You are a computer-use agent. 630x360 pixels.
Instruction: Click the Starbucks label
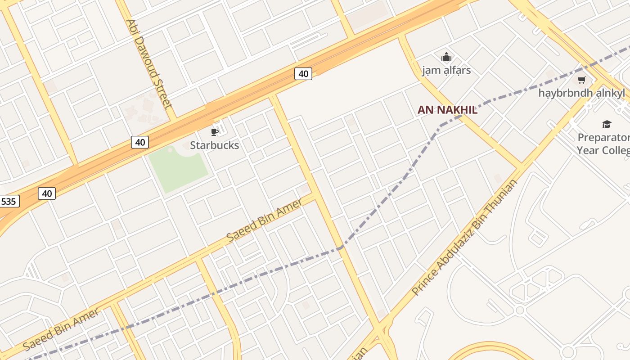pyautogui.click(x=214, y=145)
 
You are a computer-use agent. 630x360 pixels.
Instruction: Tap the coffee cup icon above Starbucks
pyautogui.click(x=215, y=132)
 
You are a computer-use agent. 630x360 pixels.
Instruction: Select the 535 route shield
pyautogui.click(x=9, y=201)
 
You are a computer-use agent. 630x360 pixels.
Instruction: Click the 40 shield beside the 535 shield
pyautogui.click(x=46, y=193)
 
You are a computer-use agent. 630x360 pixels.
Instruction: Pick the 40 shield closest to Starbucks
pyautogui.click(x=140, y=142)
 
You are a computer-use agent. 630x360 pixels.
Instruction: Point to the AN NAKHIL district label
pyautogui.click(x=447, y=110)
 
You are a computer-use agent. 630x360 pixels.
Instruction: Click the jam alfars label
pyautogui.click(x=446, y=70)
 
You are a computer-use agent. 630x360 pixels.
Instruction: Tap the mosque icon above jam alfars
pyautogui.click(x=446, y=57)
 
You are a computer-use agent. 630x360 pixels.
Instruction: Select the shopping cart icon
pyautogui.click(x=581, y=80)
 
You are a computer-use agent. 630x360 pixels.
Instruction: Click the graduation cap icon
pyautogui.click(x=607, y=124)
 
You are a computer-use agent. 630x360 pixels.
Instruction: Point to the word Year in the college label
pyautogui.click(x=588, y=150)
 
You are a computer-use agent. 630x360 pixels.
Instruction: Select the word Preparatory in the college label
pyautogui.click(x=604, y=138)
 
